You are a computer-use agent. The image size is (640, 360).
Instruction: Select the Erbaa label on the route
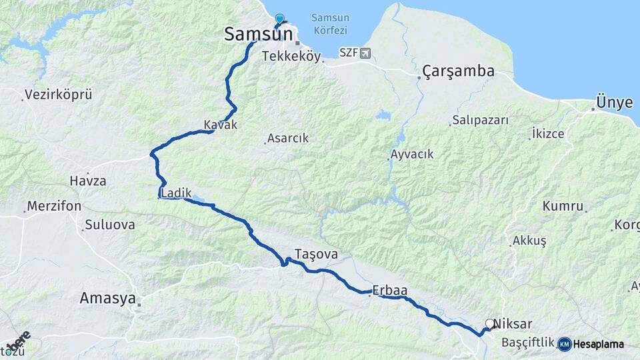pyautogui.click(x=390, y=290)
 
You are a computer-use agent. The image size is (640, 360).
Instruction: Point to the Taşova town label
pyautogui.click(x=316, y=254)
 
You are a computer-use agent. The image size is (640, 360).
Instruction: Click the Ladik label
pyautogui.click(x=176, y=193)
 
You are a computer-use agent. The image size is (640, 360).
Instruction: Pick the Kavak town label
pyautogui.click(x=221, y=125)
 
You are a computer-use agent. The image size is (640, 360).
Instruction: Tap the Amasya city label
pyautogui.click(x=107, y=298)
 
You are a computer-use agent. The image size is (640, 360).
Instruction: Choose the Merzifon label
pyautogui.click(x=54, y=207)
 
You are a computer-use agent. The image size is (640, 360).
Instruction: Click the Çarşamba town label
pyautogui.click(x=458, y=71)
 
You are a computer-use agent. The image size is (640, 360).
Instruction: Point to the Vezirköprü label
pyautogui.click(x=58, y=95)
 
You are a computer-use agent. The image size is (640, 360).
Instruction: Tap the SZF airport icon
pyautogui.click(x=365, y=53)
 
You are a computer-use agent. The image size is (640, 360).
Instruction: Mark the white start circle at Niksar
pyautogui.click(x=490, y=323)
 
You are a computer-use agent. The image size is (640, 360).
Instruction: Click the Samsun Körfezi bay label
pyautogui.click(x=333, y=25)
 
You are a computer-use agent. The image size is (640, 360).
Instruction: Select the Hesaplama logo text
pyautogui.click(x=599, y=344)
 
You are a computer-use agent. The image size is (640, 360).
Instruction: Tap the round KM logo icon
pyautogui.click(x=565, y=344)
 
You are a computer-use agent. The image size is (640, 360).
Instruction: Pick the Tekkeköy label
pyautogui.click(x=291, y=56)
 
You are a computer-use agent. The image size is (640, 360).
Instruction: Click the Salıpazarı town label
pyautogui.click(x=480, y=120)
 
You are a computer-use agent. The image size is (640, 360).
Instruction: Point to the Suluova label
pyautogui.click(x=109, y=225)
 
